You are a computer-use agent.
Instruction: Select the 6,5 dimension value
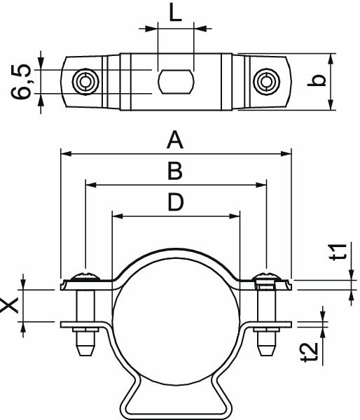pyautogui.click(x=21, y=81)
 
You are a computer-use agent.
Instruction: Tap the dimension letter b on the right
pyautogui.click(x=319, y=81)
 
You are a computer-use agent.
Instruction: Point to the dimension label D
pyautogui.click(x=175, y=202)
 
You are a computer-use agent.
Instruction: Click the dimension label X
pyautogui.click(x=11, y=304)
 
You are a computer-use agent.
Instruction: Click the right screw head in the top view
pyautogui.click(x=266, y=81)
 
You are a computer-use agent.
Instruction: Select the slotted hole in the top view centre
pyautogui.click(x=175, y=81)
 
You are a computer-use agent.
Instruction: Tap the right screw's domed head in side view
pyautogui.click(x=266, y=274)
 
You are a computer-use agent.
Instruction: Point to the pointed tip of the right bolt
pyautogui.click(x=266, y=350)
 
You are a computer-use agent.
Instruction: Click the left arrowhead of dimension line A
pyautogui.click(x=65, y=152)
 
